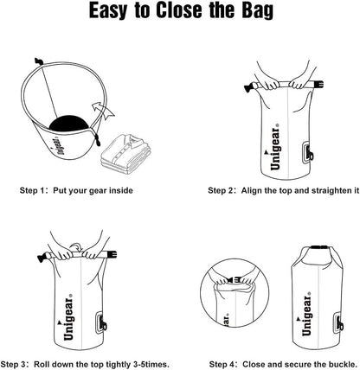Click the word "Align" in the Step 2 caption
(x=254, y=190)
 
